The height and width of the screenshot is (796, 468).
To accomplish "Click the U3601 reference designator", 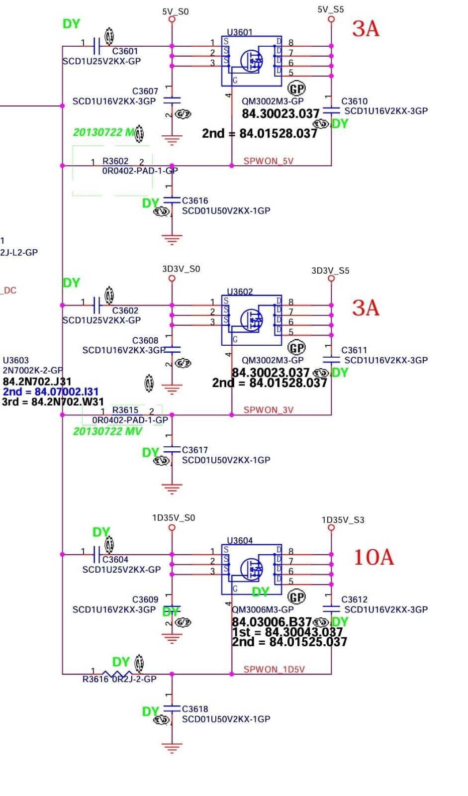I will (x=240, y=32).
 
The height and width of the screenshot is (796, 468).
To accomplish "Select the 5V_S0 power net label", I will (x=175, y=11).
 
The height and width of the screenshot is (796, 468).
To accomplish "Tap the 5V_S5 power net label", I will (x=331, y=9).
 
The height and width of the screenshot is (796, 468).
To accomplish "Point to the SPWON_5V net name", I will (x=269, y=161).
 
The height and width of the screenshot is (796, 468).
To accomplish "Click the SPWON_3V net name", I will (x=269, y=410).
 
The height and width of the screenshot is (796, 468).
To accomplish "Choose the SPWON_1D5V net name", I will (x=274, y=669).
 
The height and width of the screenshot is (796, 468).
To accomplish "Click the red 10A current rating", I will (x=374, y=557).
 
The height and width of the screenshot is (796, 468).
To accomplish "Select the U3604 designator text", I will (x=240, y=540).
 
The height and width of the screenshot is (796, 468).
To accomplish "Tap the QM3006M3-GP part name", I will (x=263, y=609).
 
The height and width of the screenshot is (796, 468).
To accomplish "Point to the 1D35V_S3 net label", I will (x=343, y=520).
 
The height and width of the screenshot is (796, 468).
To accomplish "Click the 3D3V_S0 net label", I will (x=181, y=269).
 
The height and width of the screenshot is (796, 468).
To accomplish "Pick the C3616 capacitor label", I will (x=195, y=200).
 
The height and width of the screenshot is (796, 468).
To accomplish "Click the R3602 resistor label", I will (x=115, y=161).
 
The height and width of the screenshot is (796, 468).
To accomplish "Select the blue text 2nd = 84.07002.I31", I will (x=51, y=392).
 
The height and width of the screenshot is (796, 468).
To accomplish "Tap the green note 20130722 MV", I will (x=107, y=431).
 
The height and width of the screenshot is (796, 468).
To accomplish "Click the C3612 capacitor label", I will (x=354, y=599).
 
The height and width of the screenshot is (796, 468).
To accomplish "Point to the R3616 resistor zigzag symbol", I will (x=117, y=674).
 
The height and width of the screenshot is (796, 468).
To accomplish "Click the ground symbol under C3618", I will (x=172, y=748).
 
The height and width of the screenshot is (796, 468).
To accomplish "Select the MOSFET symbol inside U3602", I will (x=252, y=320).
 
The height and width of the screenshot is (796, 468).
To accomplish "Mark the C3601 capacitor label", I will (x=125, y=51).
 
